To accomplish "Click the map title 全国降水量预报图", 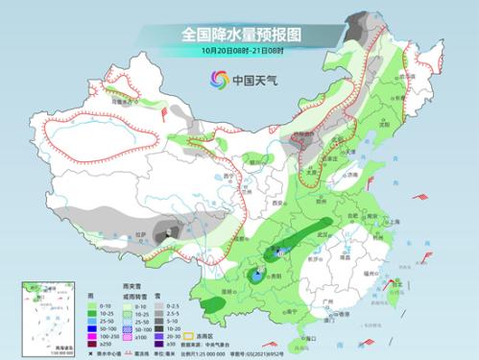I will (240, 34).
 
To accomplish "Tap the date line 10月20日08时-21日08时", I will (240, 50).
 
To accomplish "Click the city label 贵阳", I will (285, 273).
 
